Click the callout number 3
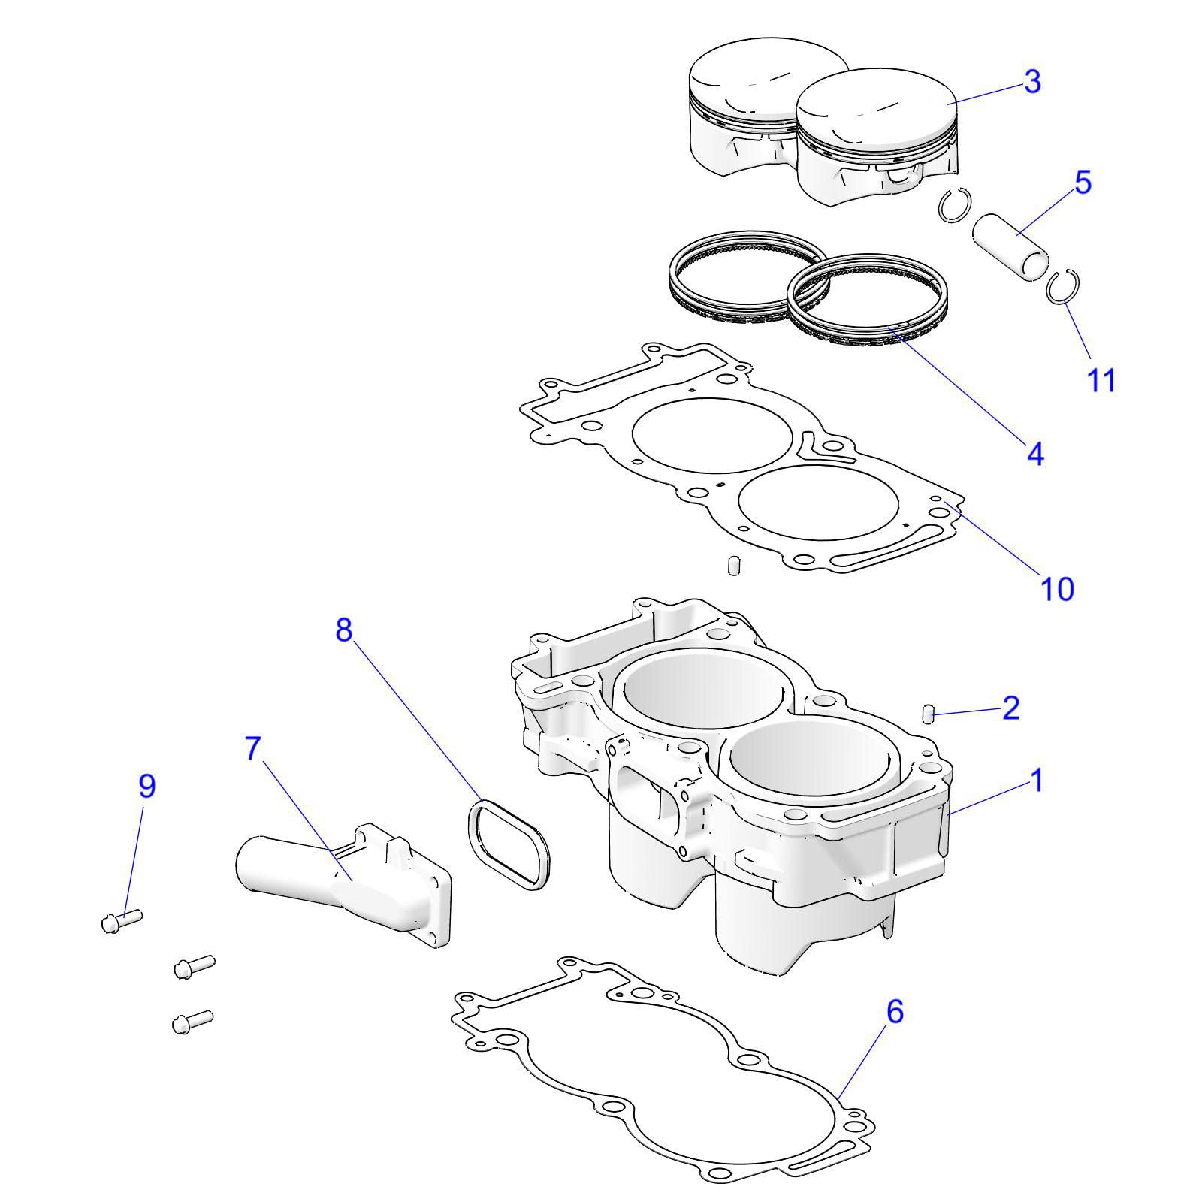1032,82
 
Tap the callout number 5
1083,183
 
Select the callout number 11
1101,380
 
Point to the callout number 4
1035,454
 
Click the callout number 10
1056,588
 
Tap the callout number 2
1010,708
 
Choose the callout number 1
1036,781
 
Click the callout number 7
253,748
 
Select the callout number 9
147,786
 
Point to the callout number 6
894,1012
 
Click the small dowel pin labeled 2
928,713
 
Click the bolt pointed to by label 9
120,920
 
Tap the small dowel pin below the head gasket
733,565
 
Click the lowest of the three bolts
192,1022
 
